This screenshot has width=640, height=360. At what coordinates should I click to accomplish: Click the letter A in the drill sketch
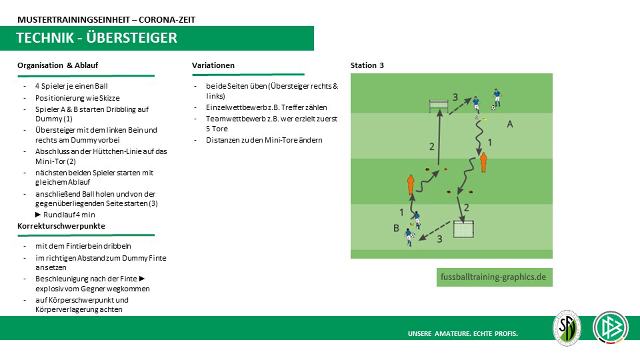point(509,124)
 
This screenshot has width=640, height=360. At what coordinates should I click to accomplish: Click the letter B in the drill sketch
point(396,228)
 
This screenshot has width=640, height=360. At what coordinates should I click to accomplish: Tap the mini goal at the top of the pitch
point(439,105)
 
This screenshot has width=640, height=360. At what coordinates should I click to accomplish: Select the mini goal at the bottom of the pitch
point(463,229)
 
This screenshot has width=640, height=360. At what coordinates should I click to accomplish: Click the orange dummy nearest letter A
point(483,163)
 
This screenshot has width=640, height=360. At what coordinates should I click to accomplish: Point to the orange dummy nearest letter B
point(410,184)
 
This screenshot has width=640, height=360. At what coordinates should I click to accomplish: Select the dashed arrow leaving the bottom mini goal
point(434,231)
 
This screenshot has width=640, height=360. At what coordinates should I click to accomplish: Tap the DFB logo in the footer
point(611,328)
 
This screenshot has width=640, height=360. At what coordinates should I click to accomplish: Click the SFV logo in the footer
point(567,328)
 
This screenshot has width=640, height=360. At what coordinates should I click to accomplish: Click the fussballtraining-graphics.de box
point(494,277)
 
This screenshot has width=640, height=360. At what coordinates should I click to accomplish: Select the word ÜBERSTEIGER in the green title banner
point(131,38)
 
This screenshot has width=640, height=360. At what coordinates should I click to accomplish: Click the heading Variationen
point(213,65)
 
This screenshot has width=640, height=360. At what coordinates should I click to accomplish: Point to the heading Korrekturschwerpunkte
point(61,226)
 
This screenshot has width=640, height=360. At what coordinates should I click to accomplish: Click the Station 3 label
point(367,65)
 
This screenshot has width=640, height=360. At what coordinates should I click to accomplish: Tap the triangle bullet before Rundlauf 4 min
point(38,215)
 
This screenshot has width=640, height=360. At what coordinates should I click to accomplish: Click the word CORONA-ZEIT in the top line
point(167,20)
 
